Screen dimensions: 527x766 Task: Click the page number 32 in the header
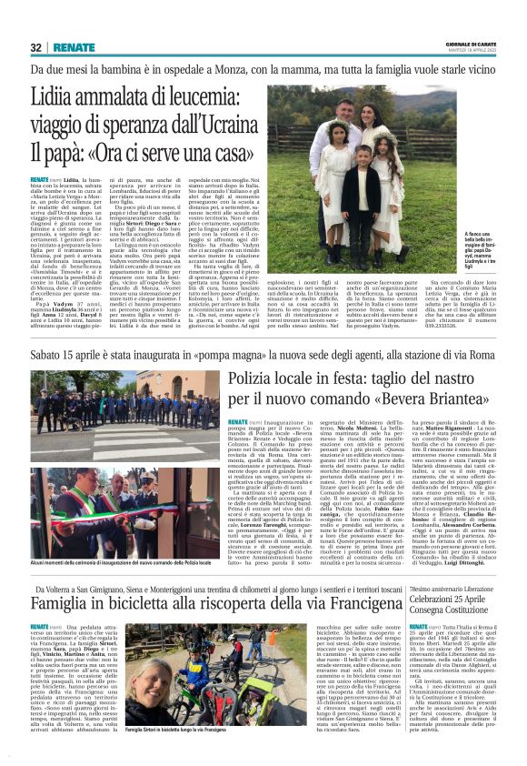[36, 47]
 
